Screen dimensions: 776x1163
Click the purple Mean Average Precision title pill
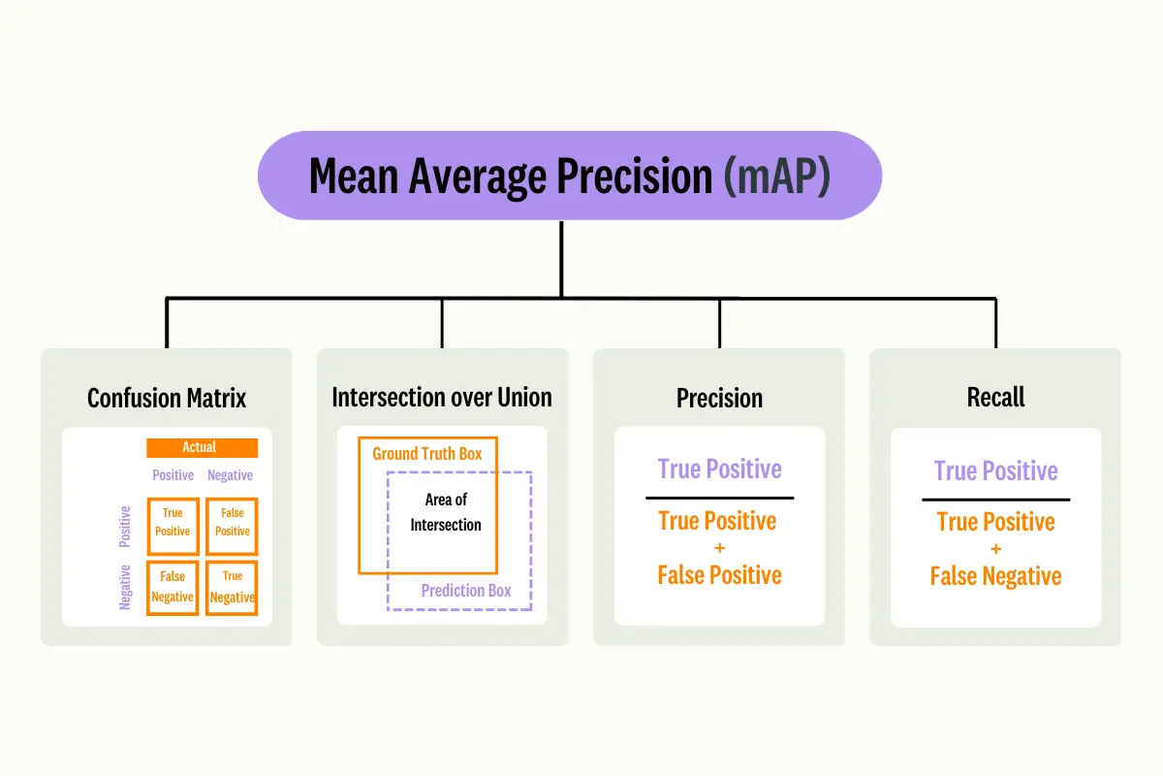click(569, 176)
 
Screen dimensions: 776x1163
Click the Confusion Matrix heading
click(167, 398)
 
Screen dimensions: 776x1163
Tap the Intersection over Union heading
click(442, 398)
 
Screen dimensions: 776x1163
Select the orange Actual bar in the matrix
click(202, 447)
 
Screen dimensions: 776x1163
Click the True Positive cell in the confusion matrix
click(173, 523)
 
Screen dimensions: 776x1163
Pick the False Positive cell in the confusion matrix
click(233, 523)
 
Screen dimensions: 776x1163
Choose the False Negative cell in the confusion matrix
click(173, 587)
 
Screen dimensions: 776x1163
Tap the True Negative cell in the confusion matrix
click(233, 587)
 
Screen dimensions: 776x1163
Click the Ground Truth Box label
click(426, 454)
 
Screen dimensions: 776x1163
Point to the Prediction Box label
click(466, 591)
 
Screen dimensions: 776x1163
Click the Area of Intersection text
click(446, 512)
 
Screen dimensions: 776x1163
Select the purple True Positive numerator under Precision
click(719, 469)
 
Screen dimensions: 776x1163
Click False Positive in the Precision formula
click(719, 575)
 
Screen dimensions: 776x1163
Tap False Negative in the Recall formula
click(995, 576)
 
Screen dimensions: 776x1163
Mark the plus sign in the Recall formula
click(995, 549)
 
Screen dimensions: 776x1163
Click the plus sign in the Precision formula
click(719, 548)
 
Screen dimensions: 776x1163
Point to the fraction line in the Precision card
click(719, 498)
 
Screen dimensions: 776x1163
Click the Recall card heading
click(995, 398)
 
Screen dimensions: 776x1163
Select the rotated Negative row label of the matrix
click(125, 588)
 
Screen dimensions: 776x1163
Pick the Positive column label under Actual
click(173, 475)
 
